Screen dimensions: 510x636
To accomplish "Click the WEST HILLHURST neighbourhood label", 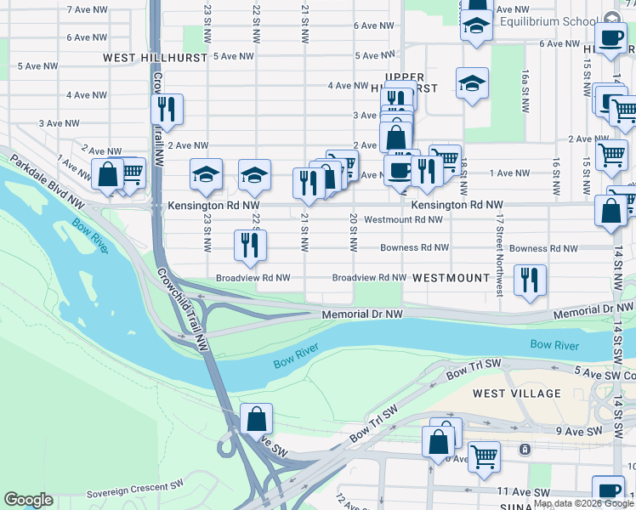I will click(x=155, y=58).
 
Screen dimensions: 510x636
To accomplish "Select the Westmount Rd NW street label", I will click(x=403, y=219).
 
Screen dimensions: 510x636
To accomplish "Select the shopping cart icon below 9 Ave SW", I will click(x=484, y=456).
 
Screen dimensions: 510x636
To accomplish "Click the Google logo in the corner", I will click(x=29, y=500).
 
